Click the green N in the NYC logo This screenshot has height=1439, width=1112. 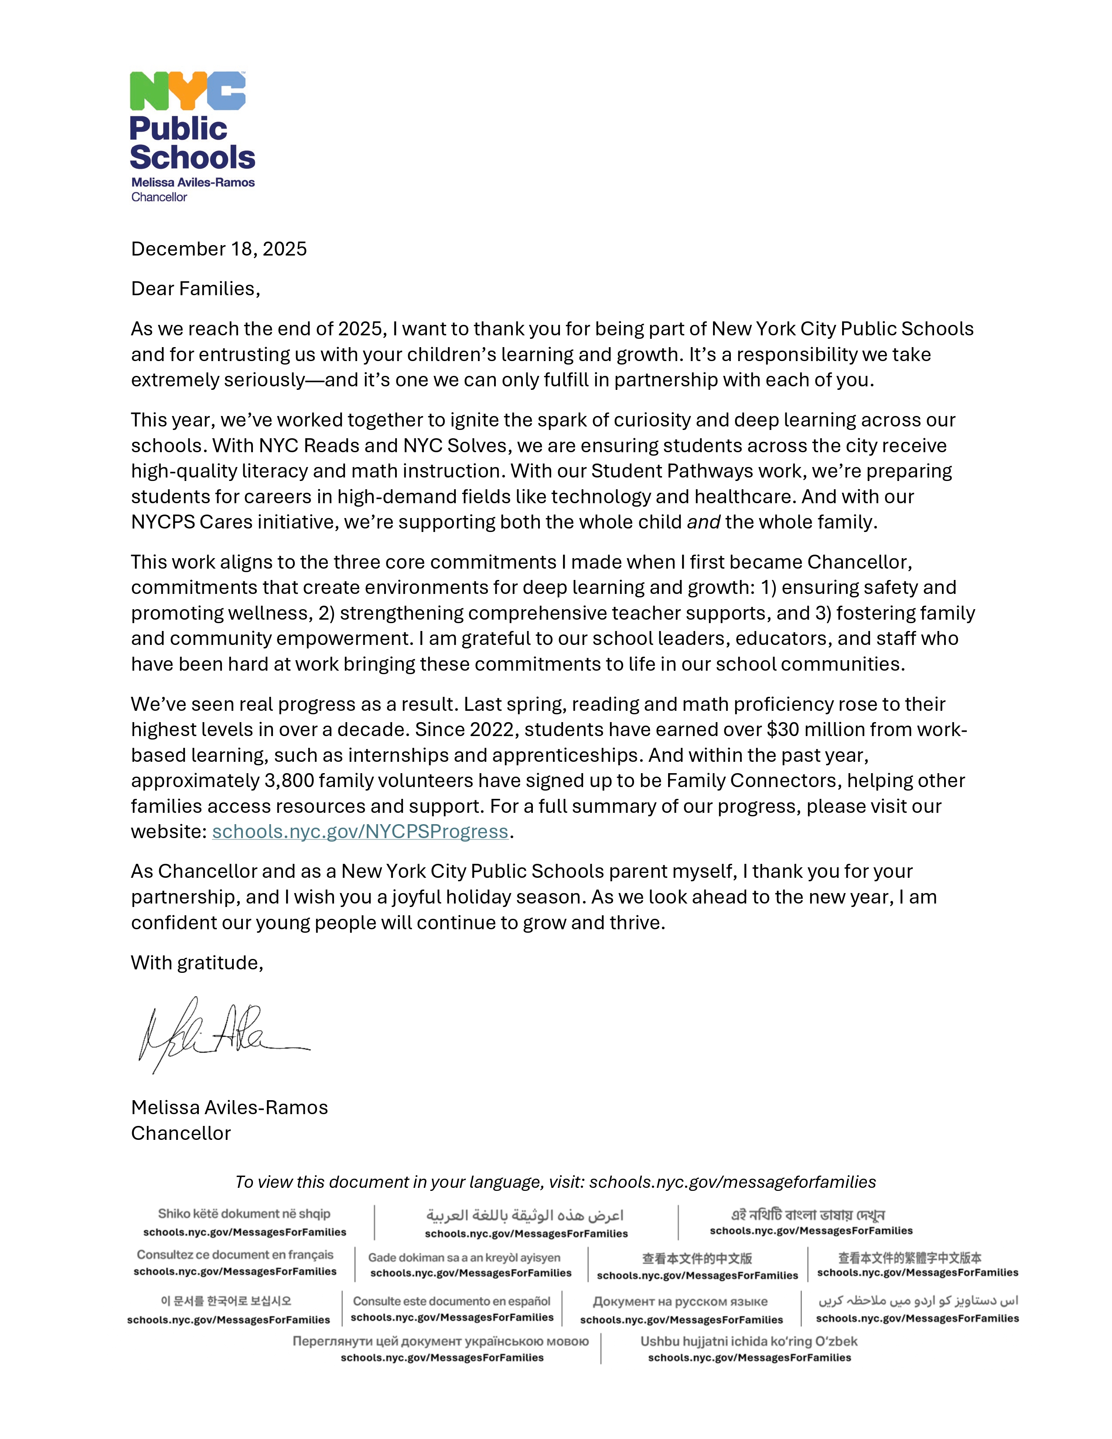(x=149, y=91)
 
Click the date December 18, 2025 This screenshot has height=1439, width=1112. (x=219, y=249)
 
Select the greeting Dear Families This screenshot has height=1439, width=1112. (x=195, y=289)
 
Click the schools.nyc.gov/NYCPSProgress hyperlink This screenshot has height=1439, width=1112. (x=360, y=832)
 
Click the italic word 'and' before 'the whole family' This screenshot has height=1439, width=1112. (x=703, y=522)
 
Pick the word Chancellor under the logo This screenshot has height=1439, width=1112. (x=159, y=197)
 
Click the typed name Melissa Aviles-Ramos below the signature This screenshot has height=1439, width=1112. (x=229, y=1108)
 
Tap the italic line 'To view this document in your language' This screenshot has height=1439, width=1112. (x=555, y=1182)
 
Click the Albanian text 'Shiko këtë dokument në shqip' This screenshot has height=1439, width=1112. (x=244, y=1214)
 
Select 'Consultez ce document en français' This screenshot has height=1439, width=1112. (x=235, y=1255)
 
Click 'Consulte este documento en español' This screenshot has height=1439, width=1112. (x=451, y=1301)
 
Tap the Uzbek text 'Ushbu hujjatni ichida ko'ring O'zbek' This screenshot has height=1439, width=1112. (x=749, y=1341)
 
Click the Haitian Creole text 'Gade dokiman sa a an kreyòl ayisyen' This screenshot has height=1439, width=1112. (x=464, y=1258)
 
